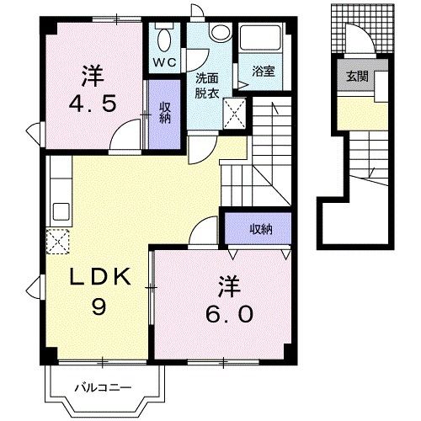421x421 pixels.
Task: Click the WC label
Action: [163, 61]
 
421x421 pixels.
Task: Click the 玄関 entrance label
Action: [354, 76]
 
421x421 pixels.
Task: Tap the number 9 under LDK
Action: [96, 309]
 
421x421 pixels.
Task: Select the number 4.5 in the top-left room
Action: [93, 106]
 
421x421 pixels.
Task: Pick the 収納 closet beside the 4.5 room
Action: [163, 109]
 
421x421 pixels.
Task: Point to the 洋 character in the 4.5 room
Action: [92, 77]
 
